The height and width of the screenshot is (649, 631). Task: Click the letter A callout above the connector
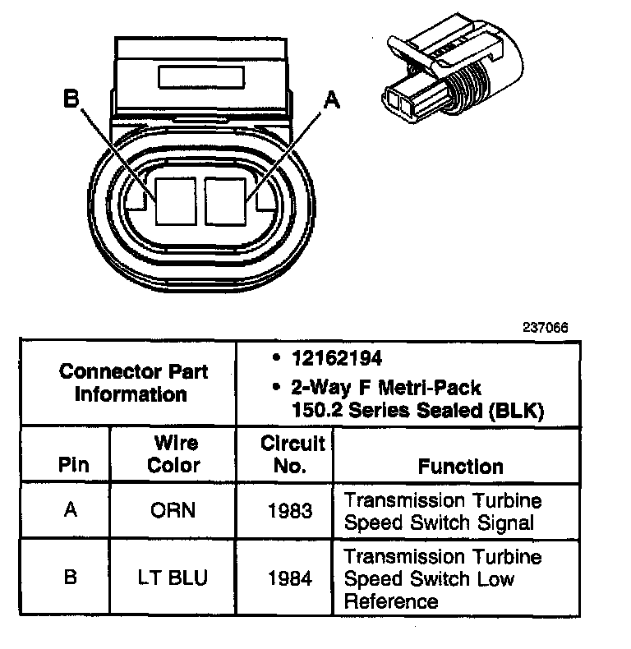pyautogui.click(x=330, y=100)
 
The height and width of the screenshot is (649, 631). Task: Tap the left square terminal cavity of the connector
pyautogui.click(x=175, y=201)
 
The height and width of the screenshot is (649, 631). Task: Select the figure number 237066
pyautogui.click(x=545, y=327)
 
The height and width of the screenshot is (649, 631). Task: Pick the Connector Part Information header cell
pyautogui.click(x=133, y=382)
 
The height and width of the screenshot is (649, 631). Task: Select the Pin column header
pyautogui.click(x=71, y=465)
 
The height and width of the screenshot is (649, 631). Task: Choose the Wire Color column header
pyautogui.click(x=174, y=454)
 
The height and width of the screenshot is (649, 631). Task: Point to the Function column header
pyautogui.click(x=460, y=467)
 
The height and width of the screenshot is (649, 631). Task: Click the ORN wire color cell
pyautogui.click(x=173, y=510)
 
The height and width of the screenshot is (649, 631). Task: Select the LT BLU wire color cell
pyautogui.click(x=173, y=578)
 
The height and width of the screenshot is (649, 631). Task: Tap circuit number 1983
pyautogui.click(x=290, y=511)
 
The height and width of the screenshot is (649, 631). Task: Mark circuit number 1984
pyautogui.click(x=290, y=578)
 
